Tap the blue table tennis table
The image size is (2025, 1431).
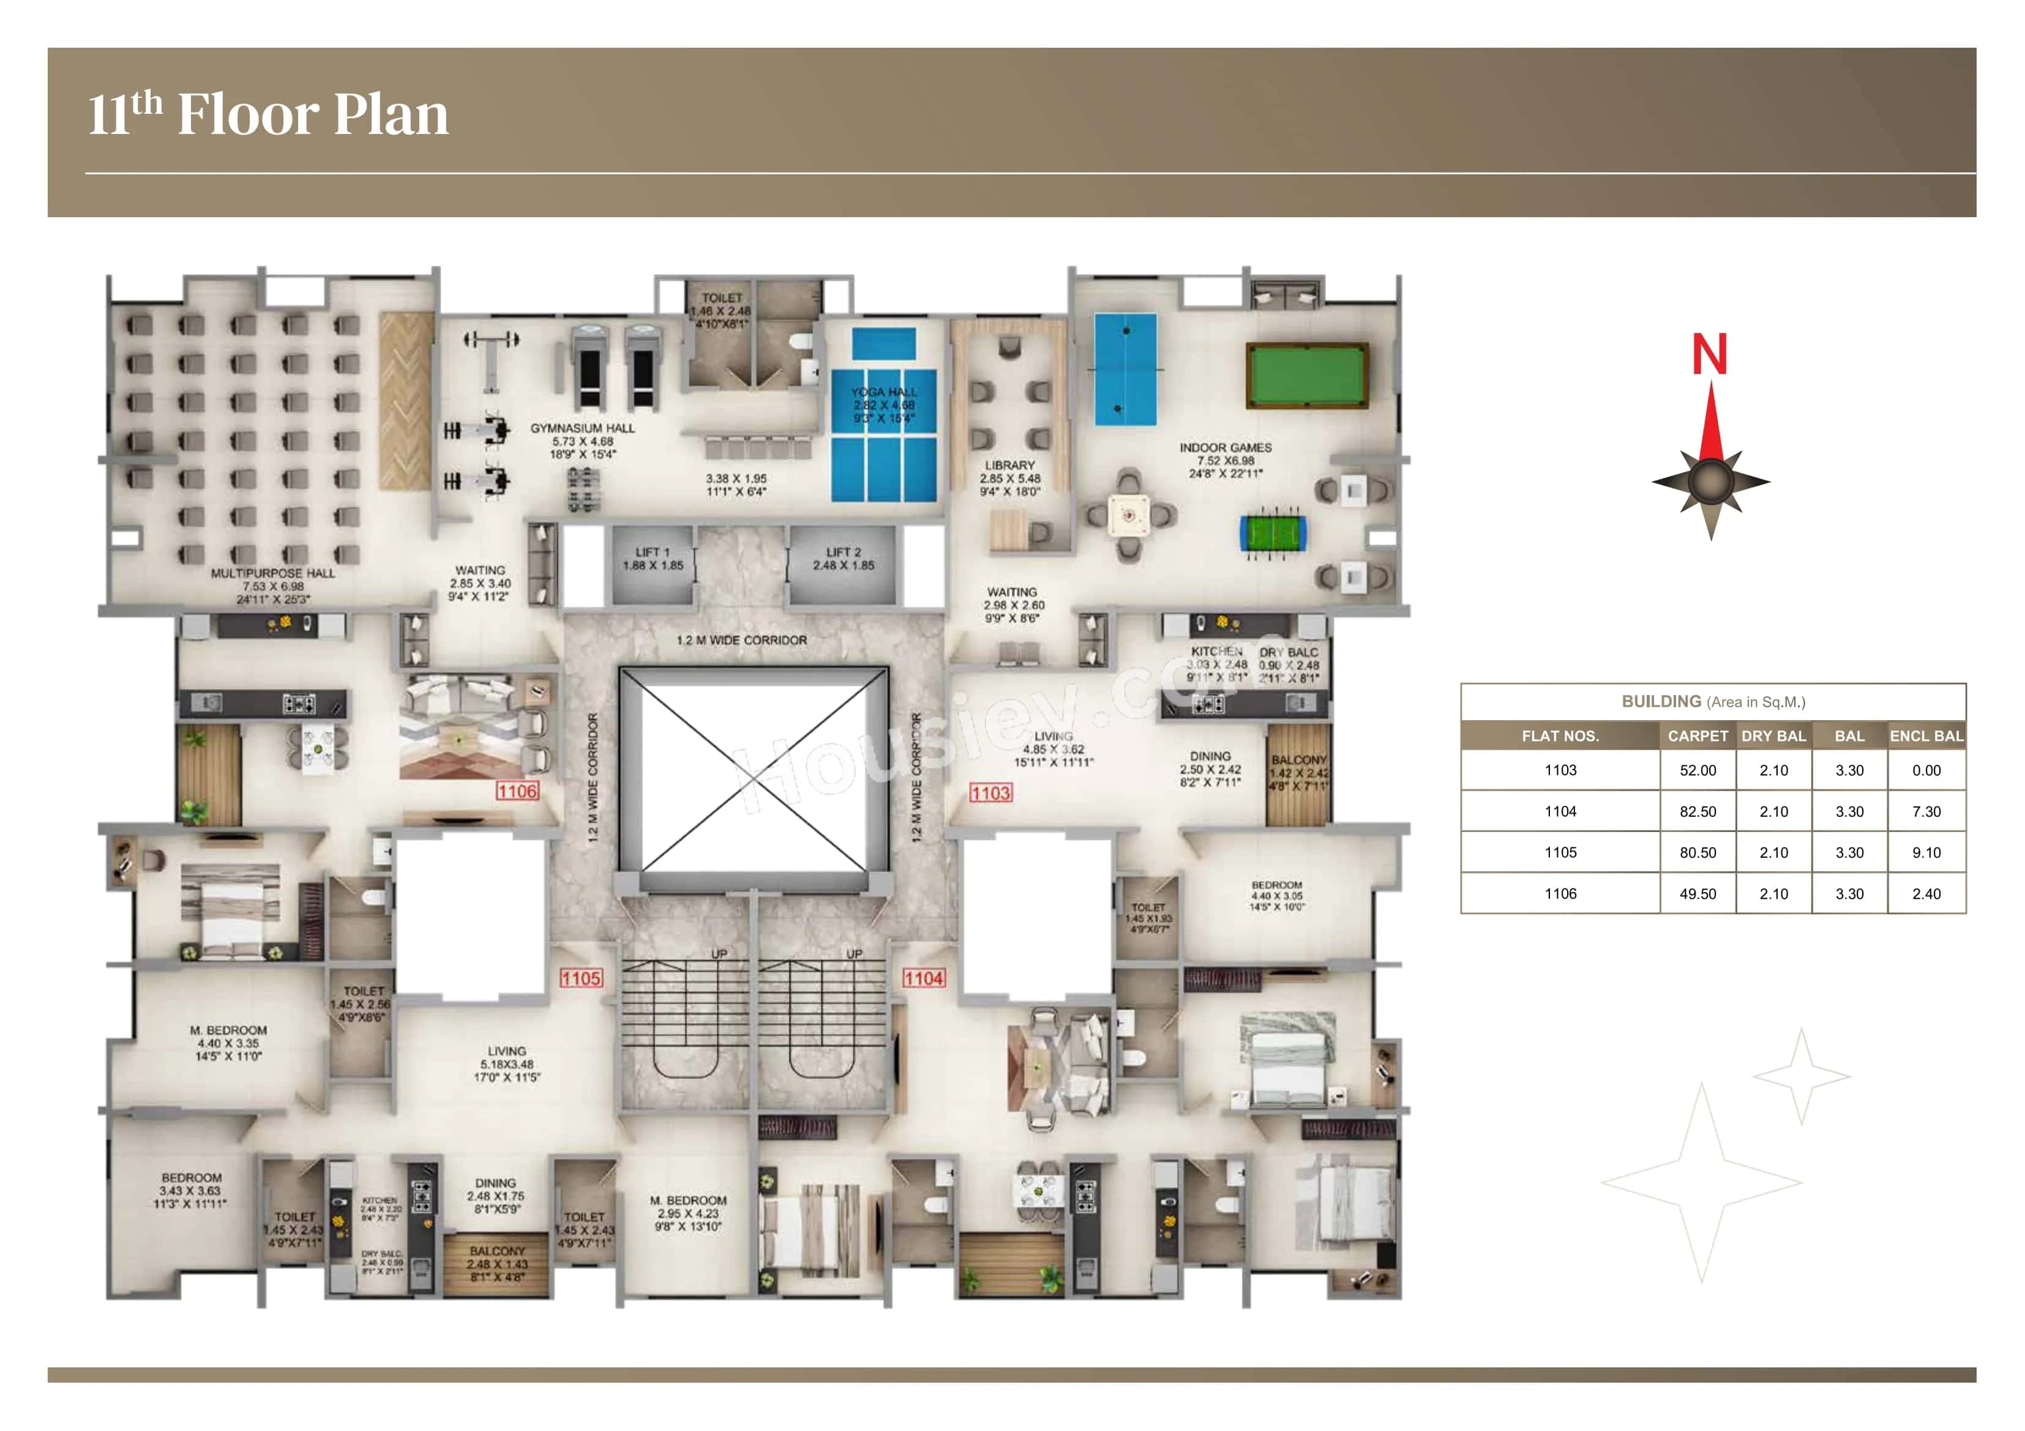[x=1125, y=370]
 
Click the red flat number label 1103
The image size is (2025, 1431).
[x=990, y=793]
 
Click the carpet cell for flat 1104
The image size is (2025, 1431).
[x=1697, y=811]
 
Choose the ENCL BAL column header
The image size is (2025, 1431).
[x=1926, y=735]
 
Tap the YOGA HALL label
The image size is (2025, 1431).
[x=884, y=392]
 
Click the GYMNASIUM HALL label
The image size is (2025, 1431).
[x=582, y=428]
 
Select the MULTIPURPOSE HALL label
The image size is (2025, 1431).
[x=272, y=573]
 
